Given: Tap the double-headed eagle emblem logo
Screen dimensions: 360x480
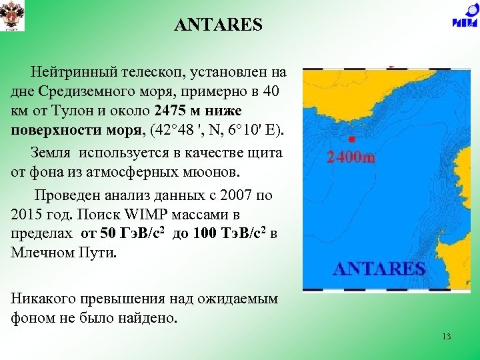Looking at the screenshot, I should click(12, 16).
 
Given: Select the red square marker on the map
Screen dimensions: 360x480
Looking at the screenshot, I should click(351, 139).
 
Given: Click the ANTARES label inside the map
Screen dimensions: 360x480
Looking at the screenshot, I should click(378, 269).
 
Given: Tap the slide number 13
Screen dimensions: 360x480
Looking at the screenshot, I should click(446, 337).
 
